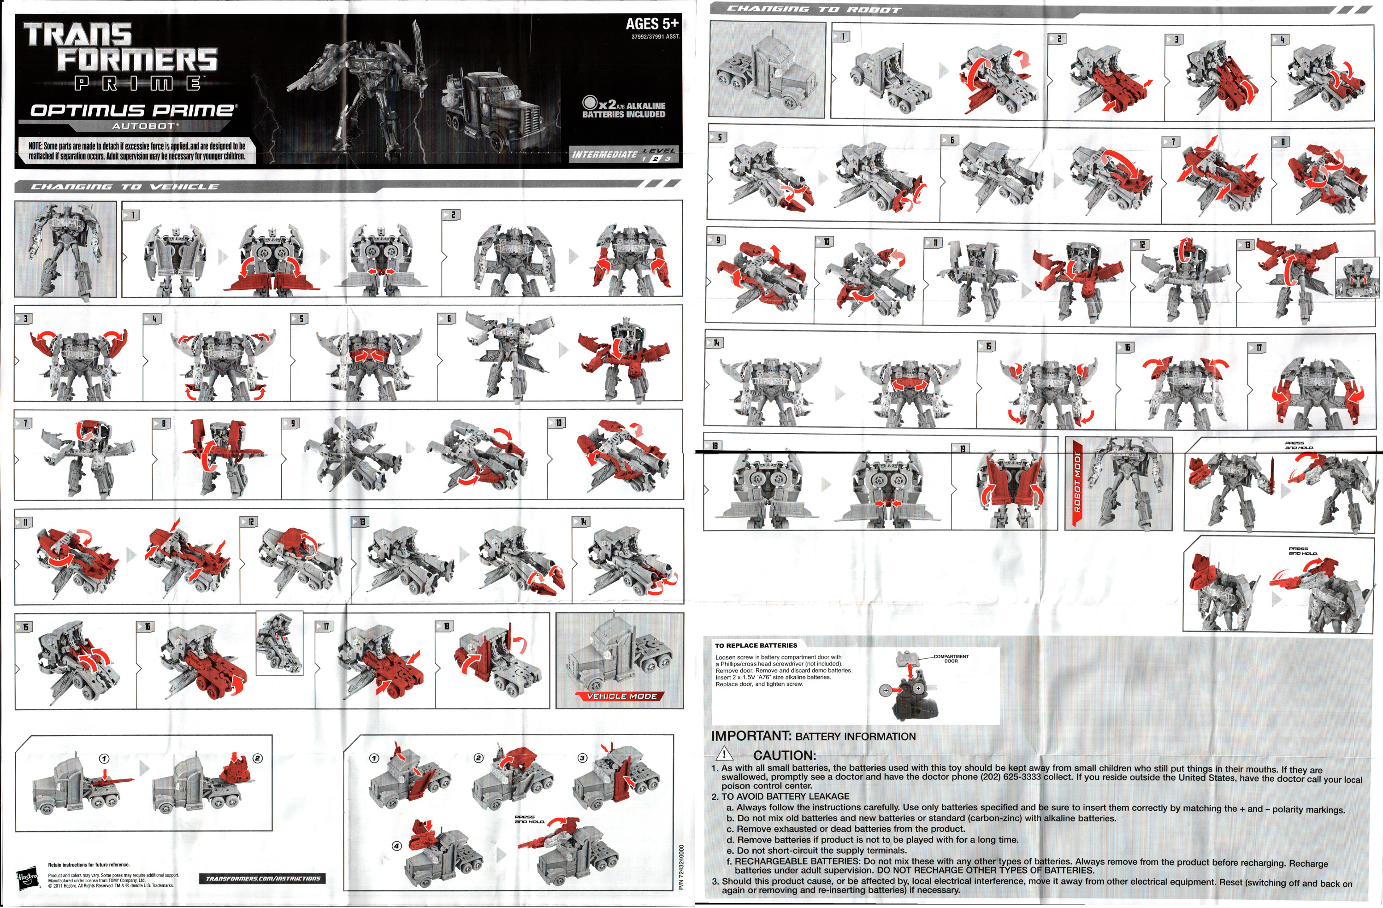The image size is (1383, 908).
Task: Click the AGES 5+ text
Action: click(651, 24)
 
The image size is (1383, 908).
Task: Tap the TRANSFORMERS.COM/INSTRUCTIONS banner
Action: click(263, 879)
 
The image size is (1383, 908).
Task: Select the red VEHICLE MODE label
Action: click(621, 696)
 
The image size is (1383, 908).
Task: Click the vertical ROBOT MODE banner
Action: click(1077, 484)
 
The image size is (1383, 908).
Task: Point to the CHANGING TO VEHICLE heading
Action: click(124, 187)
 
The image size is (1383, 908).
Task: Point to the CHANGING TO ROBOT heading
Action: click(814, 9)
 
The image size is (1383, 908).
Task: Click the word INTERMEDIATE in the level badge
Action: click(604, 154)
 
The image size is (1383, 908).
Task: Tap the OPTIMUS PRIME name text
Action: click(134, 110)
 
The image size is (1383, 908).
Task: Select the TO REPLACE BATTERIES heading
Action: click(756, 645)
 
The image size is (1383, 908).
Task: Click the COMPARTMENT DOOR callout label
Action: click(951, 659)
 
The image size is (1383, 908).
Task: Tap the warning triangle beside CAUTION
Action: click(724, 754)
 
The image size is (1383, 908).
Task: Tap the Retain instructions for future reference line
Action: click(89, 864)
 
